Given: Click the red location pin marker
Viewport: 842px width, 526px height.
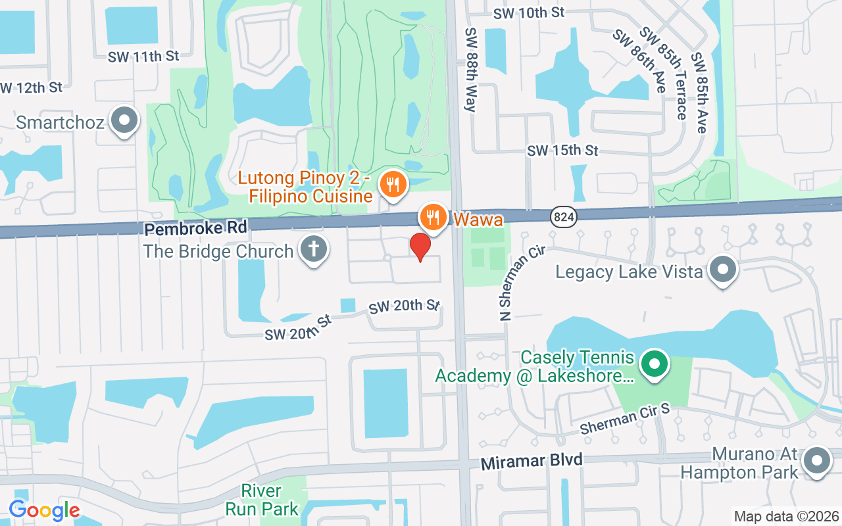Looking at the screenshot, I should pos(420,247).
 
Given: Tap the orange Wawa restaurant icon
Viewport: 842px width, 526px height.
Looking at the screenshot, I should pos(433,216).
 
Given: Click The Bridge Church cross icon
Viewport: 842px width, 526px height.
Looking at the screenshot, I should pos(314,250).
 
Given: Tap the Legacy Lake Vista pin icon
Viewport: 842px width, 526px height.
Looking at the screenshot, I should pos(724,270).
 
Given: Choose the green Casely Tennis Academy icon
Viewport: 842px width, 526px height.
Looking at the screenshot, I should pos(654,366).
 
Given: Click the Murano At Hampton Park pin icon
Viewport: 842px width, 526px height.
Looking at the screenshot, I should pos(816,462).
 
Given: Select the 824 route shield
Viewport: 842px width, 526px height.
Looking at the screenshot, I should pos(564,218).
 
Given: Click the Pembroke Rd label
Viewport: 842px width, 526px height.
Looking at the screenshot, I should pos(195,228).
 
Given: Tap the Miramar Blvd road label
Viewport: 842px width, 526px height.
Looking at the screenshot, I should pos(532,461).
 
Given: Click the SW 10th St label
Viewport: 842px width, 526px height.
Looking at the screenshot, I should pos(529,12).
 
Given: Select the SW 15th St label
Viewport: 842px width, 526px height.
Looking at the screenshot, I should pos(562,151).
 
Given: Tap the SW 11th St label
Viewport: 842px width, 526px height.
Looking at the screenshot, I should pos(143,57).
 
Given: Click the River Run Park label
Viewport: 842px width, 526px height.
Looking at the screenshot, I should pos(262,500).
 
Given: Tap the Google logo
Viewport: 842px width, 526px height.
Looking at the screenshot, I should pos(44,510).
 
